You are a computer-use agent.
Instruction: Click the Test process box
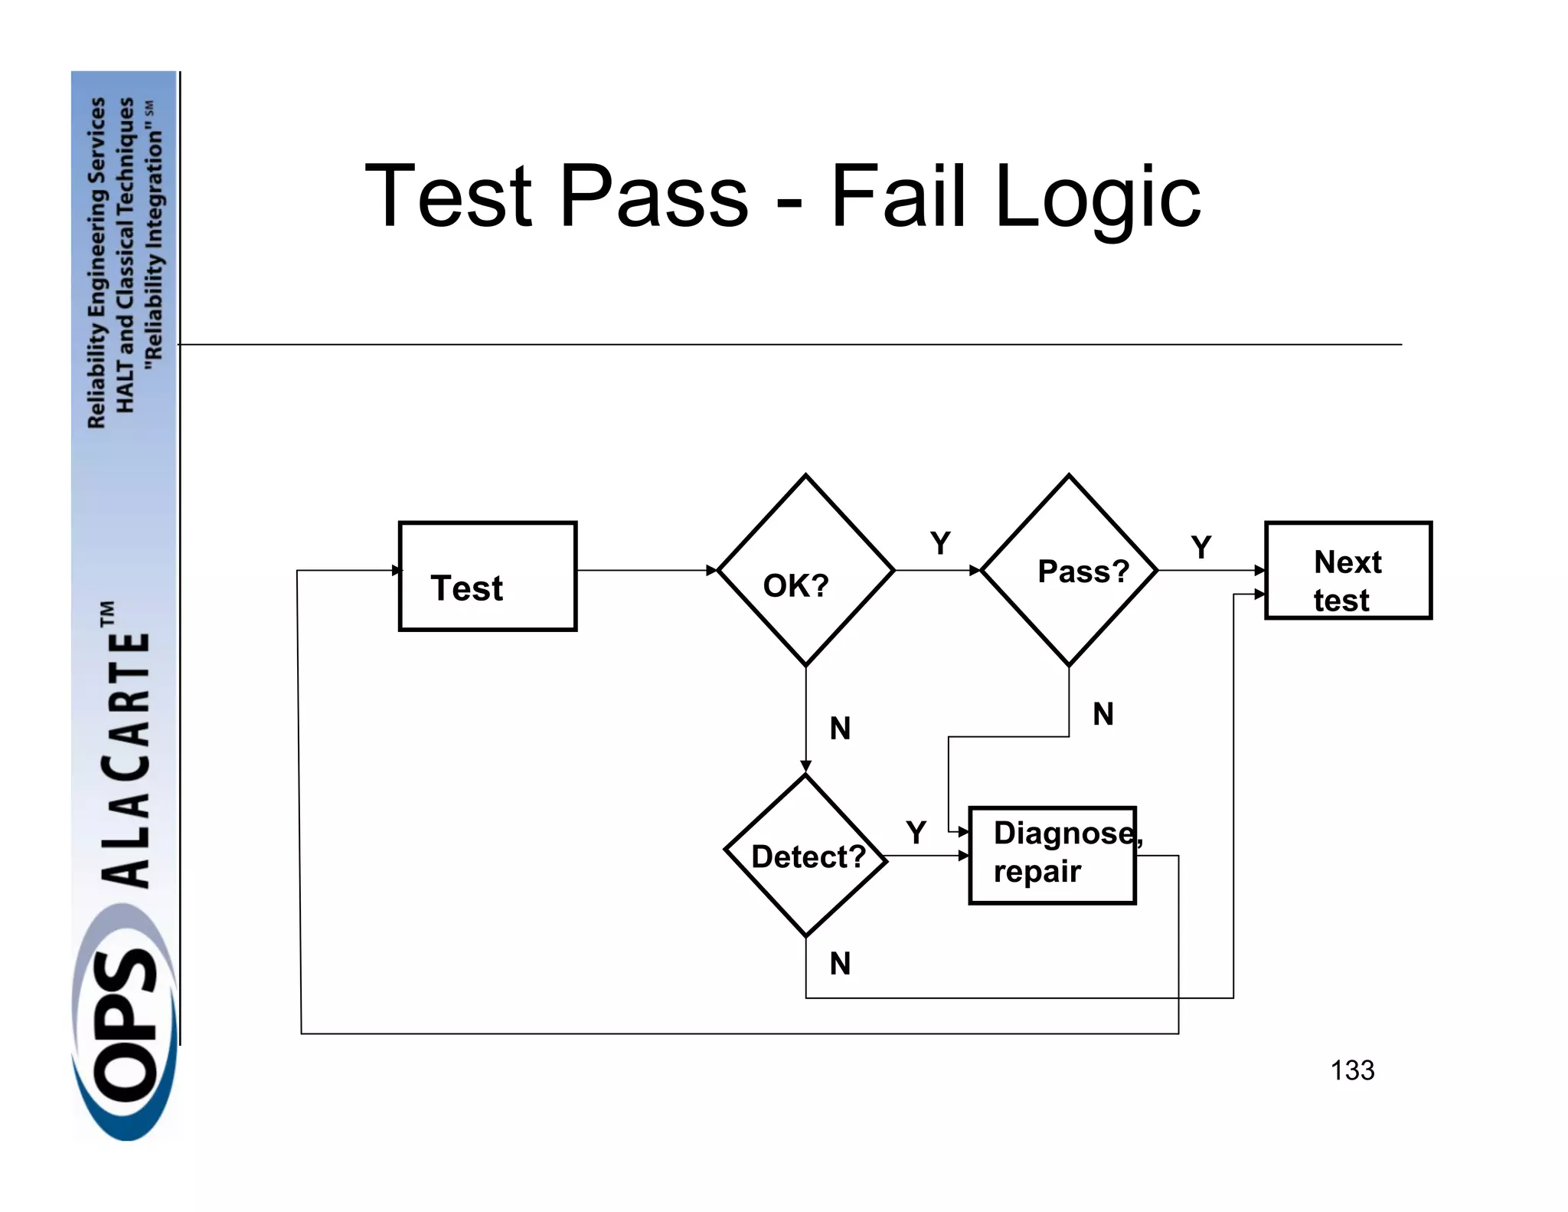coord(487,576)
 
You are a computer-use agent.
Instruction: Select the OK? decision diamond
coord(805,571)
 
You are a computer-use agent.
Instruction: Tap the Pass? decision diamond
coord(1069,571)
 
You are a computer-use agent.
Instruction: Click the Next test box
coord(1348,571)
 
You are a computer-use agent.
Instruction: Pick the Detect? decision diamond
coord(805,856)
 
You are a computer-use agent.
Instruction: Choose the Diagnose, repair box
coord(1052,856)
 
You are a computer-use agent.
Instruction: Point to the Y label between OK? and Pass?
coord(940,543)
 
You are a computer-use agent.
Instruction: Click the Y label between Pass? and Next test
coord(1201,547)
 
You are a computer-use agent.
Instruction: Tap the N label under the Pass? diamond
coord(1102,714)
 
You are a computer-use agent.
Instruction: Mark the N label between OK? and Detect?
coord(840,728)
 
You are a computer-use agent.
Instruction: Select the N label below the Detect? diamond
coord(840,963)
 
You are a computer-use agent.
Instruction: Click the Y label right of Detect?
coord(916,832)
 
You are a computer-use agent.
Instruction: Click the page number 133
coord(1352,1070)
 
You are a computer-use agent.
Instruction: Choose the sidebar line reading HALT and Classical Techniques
coord(125,254)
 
